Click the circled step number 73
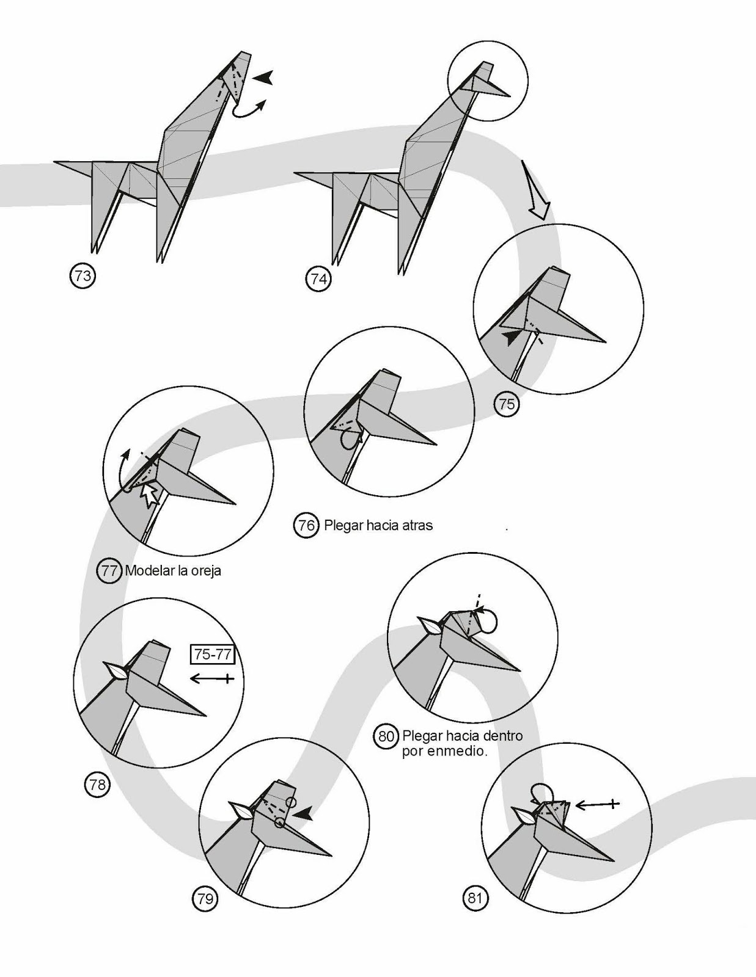click(83, 276)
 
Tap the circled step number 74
click(318, 279)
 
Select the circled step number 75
click(507, 404)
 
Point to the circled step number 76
click(306, 525)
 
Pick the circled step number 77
click(109, 571)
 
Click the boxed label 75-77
click(213, 654)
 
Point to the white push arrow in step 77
click(150, 493)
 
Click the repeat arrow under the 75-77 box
click(212, 678)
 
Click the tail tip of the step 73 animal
click(54, 161)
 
